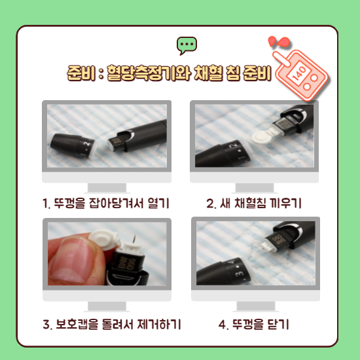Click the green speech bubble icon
pyautogui.click(x=187, y=45)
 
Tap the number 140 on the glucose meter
pyautogui.click(x=299, y=73)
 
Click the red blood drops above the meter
pyautogui.click(x=278, y=41)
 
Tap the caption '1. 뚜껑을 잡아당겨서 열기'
pyautogui.click(x=106, y=203)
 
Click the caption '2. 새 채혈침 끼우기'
pyautogui.click(x=254, y=203)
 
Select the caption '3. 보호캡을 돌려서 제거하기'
pyautogui.click(x=112, y=324)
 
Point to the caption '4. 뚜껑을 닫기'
pyautogui.click(x=254, y=324)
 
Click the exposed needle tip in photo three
pyautogui.click(x=135, y=236)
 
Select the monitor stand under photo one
pyautogui.click(x=107, y=188)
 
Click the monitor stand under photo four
pyautogui.click(x=256, y=306)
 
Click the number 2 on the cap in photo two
pyautogui.click(x=234, y=146)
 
